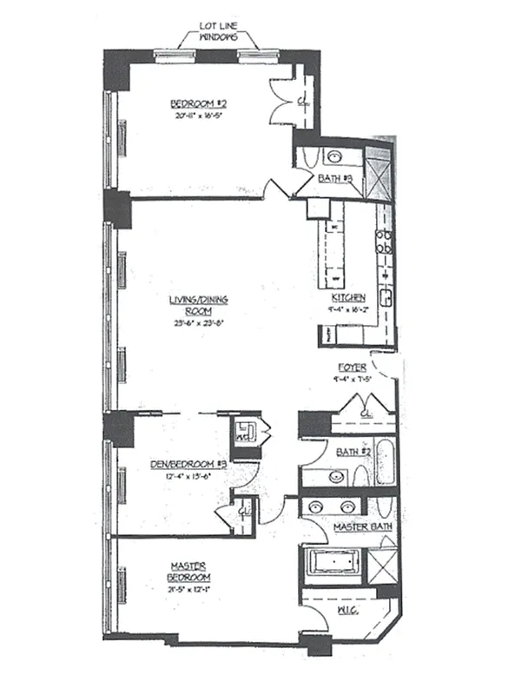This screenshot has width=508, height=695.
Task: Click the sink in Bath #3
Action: click(x=333, y=158)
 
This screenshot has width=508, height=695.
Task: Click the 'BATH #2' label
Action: click(x=340, y=452)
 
